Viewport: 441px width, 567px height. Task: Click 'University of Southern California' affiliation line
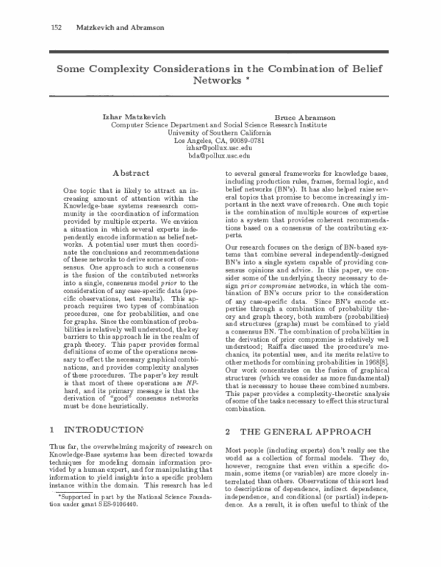pyautogui.click(x=220, y=133)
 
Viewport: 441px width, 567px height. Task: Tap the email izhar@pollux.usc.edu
pyautogui.click(x=220, y=148)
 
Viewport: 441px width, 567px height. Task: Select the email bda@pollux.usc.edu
pyautogui.click(x=220, y=156)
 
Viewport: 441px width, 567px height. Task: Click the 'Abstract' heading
pyautogui.click(x=132, y=173)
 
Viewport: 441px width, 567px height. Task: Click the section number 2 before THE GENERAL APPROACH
pyautogui.click(x=229, y=430)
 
